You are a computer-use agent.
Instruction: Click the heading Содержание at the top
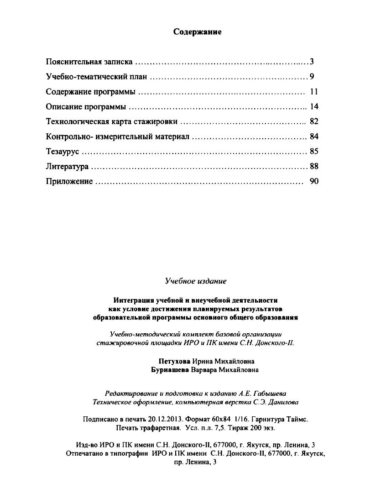(x=198, y=32)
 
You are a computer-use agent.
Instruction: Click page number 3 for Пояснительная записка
(x=311, y=62)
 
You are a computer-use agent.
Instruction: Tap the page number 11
(x=313, y=92)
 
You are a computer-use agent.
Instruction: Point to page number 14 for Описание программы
(x=313, y=107)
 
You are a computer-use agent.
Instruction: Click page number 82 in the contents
(x=313, y=121)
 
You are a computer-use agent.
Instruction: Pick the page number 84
(x=313, y=137)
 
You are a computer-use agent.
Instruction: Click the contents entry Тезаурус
(x=63, y=152)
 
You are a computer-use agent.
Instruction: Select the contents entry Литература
(x=67, y=167)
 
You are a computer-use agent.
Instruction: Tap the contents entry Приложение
(x=69, y=182)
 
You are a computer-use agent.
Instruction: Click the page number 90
(x=313, y=181)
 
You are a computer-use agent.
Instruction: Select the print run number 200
(x=253, y=428)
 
